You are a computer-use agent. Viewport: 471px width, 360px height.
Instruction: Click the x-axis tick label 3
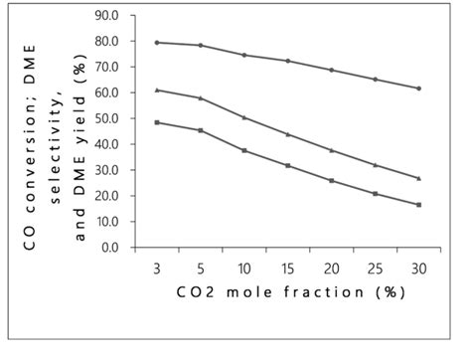[157, 269]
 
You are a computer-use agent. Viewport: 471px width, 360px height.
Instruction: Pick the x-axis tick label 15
[287, 269]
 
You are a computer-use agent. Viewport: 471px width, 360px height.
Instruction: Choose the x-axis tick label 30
[418, 269]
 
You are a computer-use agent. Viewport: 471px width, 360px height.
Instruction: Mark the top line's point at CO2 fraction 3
[157, 43]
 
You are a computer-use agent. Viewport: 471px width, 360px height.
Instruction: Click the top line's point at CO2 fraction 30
[418, 89]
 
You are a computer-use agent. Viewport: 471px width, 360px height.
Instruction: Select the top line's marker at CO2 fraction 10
[244, 55]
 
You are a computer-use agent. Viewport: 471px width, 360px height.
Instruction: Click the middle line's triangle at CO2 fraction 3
[157, 90]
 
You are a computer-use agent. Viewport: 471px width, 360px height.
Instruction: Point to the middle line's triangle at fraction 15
[287, 134]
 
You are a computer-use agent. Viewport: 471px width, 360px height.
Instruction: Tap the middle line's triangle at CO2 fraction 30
[418, 178]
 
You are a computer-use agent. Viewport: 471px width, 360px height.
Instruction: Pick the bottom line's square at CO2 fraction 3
[157, 122]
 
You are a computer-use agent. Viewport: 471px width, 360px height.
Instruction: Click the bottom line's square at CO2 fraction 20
[331, 181]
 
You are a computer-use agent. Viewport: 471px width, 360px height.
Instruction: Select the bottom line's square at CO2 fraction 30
[418, 205]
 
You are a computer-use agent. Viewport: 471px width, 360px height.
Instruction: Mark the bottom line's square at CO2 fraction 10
[244, 150]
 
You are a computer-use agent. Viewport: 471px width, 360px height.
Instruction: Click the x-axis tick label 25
[375, 269]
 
